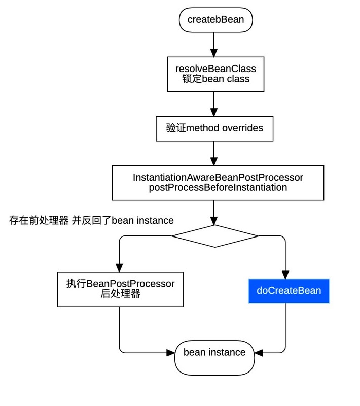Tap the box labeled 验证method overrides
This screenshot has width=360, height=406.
click(x=214, y=128)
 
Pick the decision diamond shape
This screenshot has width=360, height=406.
click(x=215, y=236)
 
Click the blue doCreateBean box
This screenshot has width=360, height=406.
click(x=289, y=291)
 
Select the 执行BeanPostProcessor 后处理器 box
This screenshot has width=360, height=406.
click(x=120, y=289)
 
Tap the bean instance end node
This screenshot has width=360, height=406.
click(x=214, y=353)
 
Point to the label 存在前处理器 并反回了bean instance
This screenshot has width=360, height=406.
click(x=91, y=220)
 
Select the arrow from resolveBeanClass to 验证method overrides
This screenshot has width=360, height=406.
click(x=214, y=105)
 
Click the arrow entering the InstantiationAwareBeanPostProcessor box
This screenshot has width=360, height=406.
click(x=214, y=153)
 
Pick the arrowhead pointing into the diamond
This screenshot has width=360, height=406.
click(x=214, y=221)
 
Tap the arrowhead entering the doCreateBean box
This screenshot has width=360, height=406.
click(x=285, y=274)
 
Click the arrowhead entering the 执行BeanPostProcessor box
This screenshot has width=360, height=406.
click(x=119, y=267)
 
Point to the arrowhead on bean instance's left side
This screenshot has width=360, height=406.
click(x=170, y=352)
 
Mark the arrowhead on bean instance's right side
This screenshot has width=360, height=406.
click(x=259, y=352)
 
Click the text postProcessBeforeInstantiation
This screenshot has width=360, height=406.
click(x=218, y=187)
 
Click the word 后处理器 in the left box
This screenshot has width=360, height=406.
click(x=120, y=294)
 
